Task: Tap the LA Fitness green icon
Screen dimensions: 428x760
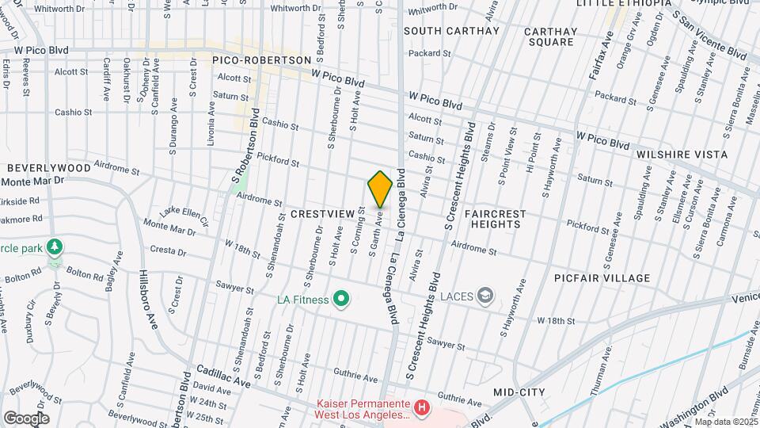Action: pyautogui.click(x=341, y=299)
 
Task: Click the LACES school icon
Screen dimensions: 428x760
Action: pyautogui.click(x=485, y=296)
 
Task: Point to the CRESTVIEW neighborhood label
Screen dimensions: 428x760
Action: pyautogui.click(x=321, y=215)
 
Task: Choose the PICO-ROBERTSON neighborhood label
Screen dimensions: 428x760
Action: pyautogui.click(x=262, y=60)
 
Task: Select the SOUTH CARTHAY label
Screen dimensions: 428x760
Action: pyautogui.click(x=451, y=31)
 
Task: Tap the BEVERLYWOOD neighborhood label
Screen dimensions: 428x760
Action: pyautogui.click(x=49, y=168)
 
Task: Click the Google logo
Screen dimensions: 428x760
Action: pyautogui.click(x=26, y=418)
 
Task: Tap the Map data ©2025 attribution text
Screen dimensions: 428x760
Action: pyautogui.click(x=726, y=422)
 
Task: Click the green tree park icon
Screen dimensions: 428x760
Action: pyautogui.click(x=54, y=246)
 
